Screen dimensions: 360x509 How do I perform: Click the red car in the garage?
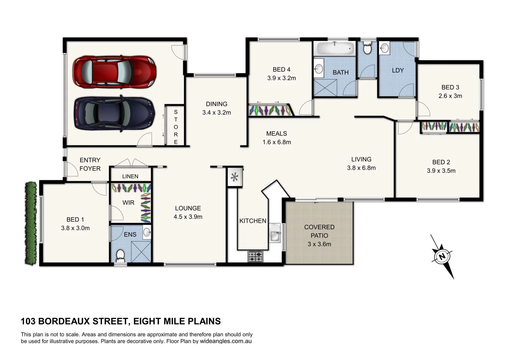coord(114,72)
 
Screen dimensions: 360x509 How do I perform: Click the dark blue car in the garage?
coord(114,113)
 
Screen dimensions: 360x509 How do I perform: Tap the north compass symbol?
coord(442,257)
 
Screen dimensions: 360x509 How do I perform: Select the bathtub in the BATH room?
coord(335,49)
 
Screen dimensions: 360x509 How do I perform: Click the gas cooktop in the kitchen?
coord(255,256)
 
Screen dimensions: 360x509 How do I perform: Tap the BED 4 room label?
coord(281,70)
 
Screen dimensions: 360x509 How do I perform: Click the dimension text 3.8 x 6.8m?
coord(361,168)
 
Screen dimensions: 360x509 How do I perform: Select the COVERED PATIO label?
coord(319,231)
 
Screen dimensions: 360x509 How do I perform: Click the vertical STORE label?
coord(176,127)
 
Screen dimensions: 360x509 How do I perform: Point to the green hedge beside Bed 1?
coord(31,223)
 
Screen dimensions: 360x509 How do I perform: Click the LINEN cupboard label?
coord(130,176)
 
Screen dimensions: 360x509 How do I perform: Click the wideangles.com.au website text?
coord(225,341)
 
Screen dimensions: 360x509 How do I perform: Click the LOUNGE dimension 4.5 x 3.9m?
coord(188,217)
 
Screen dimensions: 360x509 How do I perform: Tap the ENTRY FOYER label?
coord(90,164)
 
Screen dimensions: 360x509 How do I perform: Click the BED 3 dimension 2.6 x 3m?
coord(450,96)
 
